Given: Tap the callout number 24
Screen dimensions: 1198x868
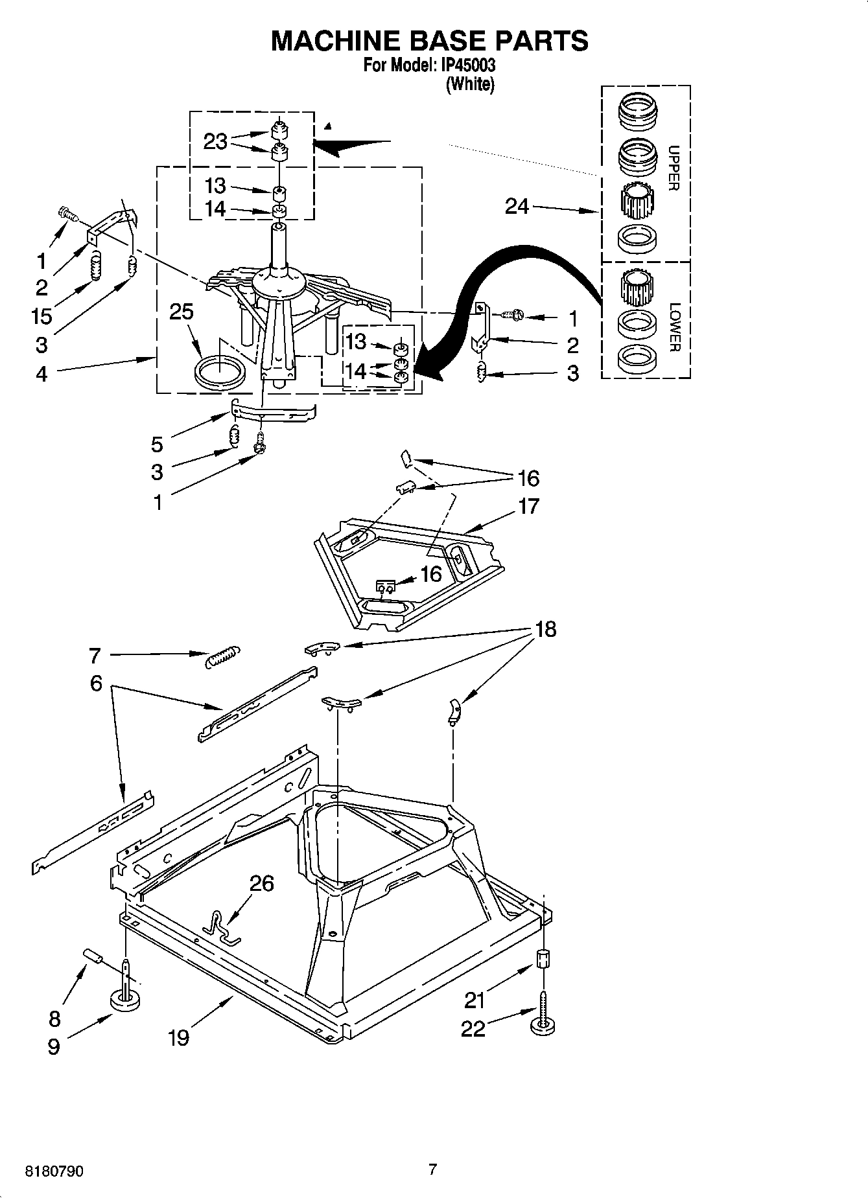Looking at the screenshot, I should tap(517, 207).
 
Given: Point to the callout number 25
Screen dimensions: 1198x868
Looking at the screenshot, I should tap(181, 312).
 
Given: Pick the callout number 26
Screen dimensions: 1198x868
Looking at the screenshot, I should tap(261, 883).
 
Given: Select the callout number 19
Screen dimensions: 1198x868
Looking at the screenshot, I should tap(178, 1037).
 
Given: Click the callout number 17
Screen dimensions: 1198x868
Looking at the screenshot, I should tap(529, 505).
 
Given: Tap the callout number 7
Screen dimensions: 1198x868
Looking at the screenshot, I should tap(95, 656).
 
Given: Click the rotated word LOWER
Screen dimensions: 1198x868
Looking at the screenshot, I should tap(674, 327).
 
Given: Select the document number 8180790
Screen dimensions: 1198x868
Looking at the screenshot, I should tap(54, 1171).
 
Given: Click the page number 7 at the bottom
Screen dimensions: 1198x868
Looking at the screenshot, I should tap(432, 1169).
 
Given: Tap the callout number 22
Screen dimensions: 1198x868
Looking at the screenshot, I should tap(473, 1028).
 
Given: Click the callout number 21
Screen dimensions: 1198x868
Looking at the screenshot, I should tap(475, 1001).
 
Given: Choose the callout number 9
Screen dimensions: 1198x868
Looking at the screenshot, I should tap(54, 1046).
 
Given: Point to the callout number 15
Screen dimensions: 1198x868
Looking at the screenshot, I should tap(41, 316).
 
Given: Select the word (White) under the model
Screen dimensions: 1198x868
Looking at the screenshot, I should tap(470, 84).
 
